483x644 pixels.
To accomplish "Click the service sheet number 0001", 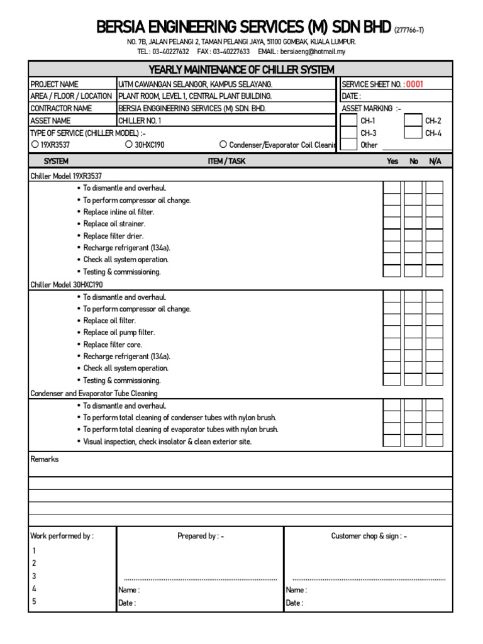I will pyautogui.click(x=414, y=84).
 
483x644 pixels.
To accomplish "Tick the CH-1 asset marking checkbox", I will pyautogui.click(x=348, y=120).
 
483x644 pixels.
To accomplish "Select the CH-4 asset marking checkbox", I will pyautogui.click(x=413, y=133).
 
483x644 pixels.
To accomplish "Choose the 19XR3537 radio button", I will pyautogui.click(x=35, y=145).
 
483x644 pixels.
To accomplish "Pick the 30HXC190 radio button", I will pyautogui.click(x=129, y=145).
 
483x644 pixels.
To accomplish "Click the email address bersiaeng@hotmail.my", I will pyautogui.click(x=313, y=52).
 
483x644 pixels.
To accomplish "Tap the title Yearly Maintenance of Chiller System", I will pyautogui.click(x=241, y=69).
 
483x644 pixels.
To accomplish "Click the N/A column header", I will pyautogui.click(x=435, y=162).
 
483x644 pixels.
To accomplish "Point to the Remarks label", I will pyautogui.click(x=45, y=459).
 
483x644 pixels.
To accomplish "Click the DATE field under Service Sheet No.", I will pyautogui.click(x=395, y=96).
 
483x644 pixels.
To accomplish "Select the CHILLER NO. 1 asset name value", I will pyautogui.click(x=140, y=121).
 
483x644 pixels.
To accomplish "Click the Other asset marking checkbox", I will pyautogui.click(x=348, y=145).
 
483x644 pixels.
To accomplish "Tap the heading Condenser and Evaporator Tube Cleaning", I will pyautogui.click(x=94, y=393).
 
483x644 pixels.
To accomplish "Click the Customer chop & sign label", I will pyautogui.click(x=369, y=536).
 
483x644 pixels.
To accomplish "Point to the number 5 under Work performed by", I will pyautogui.click(x=34, y=601).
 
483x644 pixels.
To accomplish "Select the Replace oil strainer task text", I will pyautogui.click(x=114, y=224).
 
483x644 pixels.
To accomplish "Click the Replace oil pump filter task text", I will pyautogui.click(x=119, y=333).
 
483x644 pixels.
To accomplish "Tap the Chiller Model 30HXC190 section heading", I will pyautogui.click(x=67, y=285).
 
